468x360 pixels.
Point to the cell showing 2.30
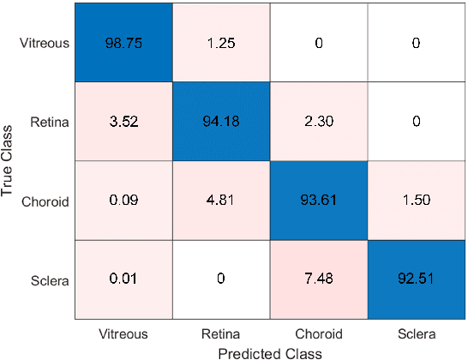[318, 122]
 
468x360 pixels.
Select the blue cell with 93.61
[318, 201]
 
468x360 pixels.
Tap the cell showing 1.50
[416, 201]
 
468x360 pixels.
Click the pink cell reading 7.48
[318, 279]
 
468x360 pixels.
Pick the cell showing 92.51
[416, 279]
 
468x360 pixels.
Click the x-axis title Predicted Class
[269, 351]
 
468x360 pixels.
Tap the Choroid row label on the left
[44, 201]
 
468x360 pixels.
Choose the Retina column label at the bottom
[220, 333]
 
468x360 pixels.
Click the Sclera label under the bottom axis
[416, 333]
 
